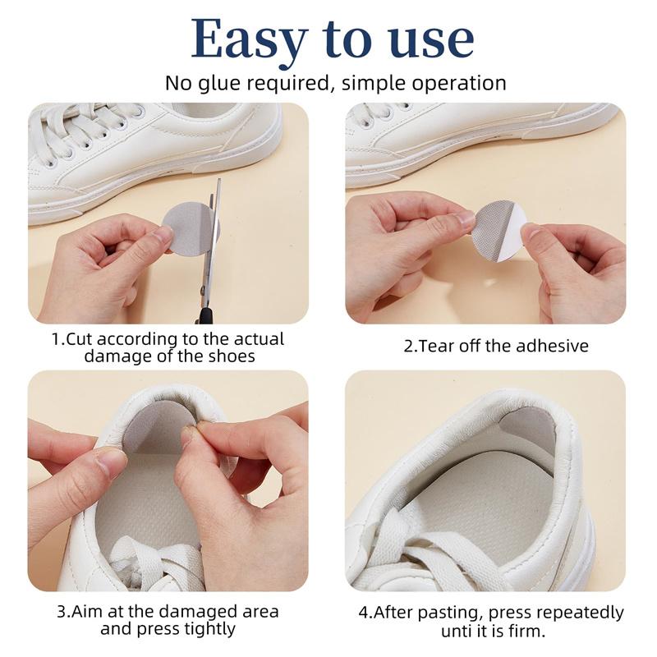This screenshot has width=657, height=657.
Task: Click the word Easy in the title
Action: pos(250,39)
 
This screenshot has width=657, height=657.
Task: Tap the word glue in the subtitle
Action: pos(219,83)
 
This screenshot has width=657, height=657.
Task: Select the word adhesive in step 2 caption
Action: pos(552,346)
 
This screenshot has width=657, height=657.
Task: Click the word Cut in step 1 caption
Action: pos(80,338)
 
